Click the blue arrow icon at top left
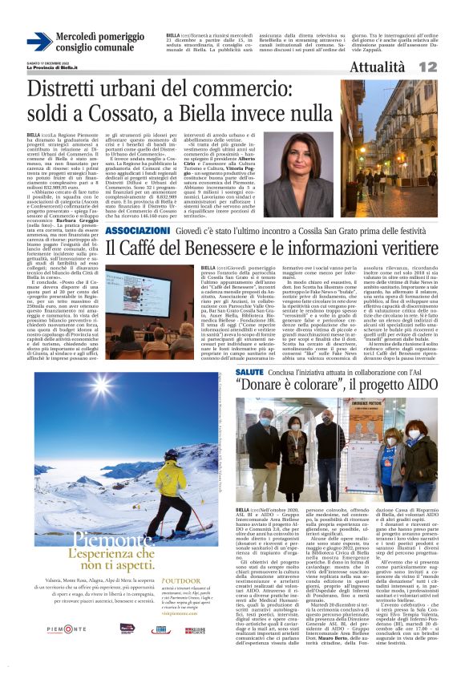[39, 42]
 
